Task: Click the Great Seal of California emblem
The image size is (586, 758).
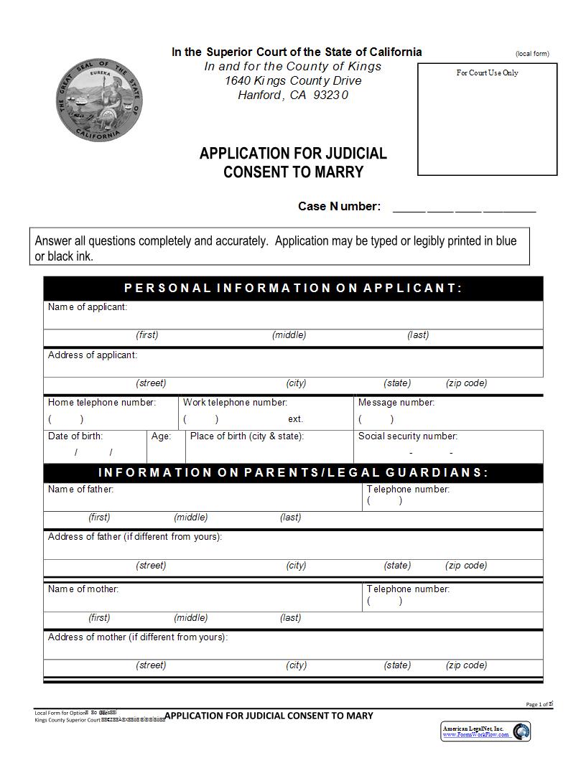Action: tap(99, 100)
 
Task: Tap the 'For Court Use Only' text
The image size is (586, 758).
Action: tap(487, 72)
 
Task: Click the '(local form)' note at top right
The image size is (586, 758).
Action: tap(531, 54)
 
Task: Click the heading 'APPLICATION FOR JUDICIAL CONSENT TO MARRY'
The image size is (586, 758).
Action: tap(293, 162)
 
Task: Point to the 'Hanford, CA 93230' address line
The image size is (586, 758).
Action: tap(293, 95)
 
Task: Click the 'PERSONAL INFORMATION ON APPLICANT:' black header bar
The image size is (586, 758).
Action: tap(293, 289)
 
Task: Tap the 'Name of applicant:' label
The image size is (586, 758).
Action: tap(88, 307)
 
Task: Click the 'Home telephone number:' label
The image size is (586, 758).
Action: tap(101, 403)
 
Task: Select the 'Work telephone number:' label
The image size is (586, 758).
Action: tap(235, 403)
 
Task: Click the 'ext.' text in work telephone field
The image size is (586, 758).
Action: tap(296, 419)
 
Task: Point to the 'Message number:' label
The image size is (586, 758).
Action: tap(396, 403)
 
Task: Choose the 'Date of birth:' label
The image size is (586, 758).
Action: tap(75, 436)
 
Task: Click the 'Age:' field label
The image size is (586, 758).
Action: tap(161, 436)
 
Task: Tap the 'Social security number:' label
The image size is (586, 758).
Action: tap(407, 436)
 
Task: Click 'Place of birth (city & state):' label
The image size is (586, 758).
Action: tap(247, 436)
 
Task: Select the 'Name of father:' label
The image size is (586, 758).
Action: tap(80, 490)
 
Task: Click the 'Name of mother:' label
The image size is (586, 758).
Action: tap(83, 589)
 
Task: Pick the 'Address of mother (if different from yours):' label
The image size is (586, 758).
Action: tap(138, 637)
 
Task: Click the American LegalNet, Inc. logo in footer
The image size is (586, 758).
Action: tap(485, 731)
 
